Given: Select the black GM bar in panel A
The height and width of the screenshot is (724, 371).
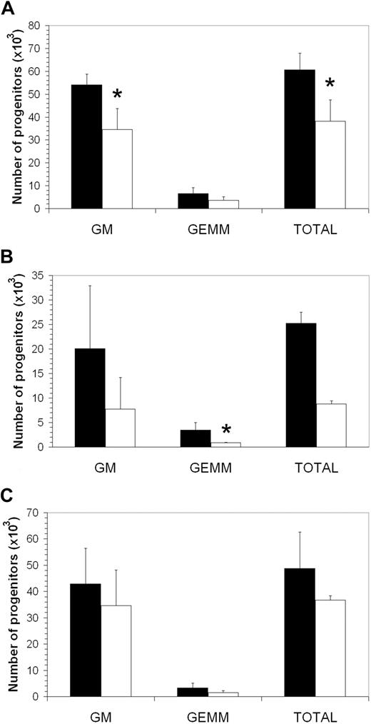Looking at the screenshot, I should click(x=86, y=146).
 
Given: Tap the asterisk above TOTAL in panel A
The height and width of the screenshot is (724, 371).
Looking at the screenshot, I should click(x=330, y=85).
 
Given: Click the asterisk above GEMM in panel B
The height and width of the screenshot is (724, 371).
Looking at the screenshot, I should click(x=226, y=430).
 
